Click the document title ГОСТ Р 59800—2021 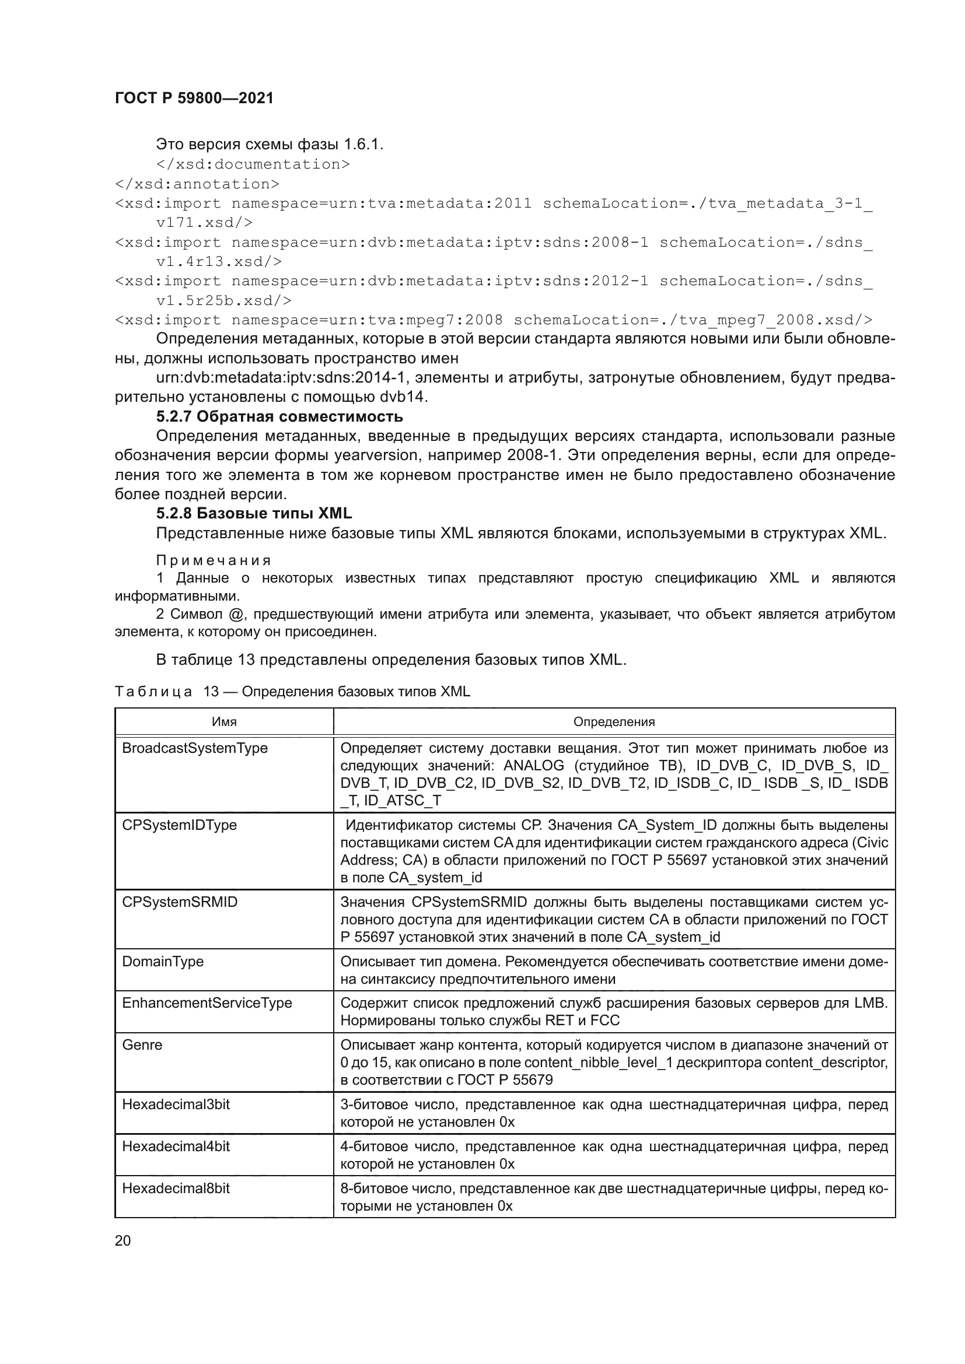[194, 99]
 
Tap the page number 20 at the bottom [123, 1240]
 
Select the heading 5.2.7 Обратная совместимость [279, 416]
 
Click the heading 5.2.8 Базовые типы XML [254, 513]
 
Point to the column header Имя [224, 722]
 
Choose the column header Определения [614, 722]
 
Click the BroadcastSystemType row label [195, 749]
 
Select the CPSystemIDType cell [180, 825]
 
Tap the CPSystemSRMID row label [180, 902]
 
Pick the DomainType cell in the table [163, 961]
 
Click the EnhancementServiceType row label [207, 1003]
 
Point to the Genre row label [142, 1045]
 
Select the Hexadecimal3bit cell [176, 1104]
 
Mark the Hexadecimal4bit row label [176, 1146]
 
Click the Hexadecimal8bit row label [176, 1188]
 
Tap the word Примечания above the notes [214, 561]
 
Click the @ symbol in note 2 [235, 614]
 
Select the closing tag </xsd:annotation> [197, 184]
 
